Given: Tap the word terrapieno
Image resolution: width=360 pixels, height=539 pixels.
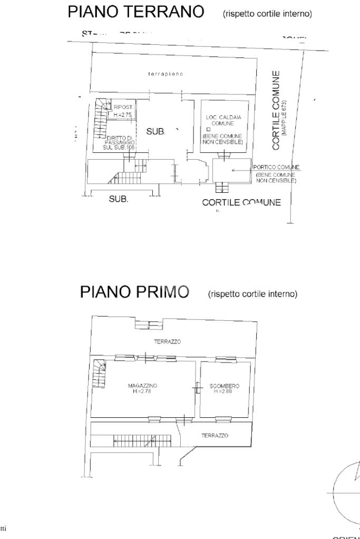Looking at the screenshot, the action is [166, 74].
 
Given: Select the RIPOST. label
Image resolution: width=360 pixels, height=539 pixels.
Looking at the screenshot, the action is [122, 107].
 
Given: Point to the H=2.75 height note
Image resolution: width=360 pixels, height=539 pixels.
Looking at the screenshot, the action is [123, 114].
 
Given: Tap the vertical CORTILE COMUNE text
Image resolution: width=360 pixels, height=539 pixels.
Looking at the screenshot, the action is [276, 111].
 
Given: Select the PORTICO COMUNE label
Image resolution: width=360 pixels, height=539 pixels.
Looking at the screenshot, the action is [276, 167].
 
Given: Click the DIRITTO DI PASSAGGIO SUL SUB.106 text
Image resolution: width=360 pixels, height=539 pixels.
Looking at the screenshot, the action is [121, 142].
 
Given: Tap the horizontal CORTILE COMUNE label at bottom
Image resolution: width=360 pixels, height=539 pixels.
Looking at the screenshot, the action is [241, 203].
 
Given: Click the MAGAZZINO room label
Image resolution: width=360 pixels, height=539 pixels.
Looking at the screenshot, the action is [142, 386].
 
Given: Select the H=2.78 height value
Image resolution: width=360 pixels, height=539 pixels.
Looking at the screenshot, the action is [142, 391].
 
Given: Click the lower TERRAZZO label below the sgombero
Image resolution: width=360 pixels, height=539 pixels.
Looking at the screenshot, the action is [215, 436].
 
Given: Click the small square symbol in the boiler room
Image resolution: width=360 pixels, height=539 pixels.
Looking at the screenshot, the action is [209, 129].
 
